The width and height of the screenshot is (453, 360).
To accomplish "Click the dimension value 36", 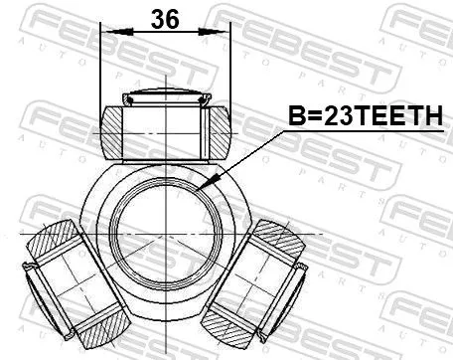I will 165,19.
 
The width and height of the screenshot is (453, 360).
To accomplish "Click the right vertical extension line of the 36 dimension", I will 230,70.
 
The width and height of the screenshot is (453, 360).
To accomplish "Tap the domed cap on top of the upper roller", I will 165,97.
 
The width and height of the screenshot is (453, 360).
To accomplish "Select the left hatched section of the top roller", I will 117,129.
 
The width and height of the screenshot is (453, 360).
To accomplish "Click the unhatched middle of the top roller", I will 165,129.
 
